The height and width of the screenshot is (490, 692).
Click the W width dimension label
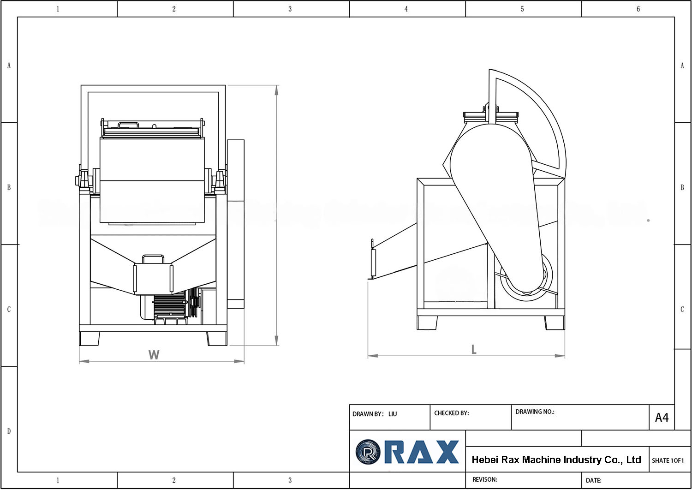click(x=154, y=355)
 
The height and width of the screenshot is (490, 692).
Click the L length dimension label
click(x=474, y=350)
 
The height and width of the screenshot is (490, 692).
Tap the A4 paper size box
click(x=662, y=418)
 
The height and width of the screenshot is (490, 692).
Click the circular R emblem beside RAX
click(x=368, y=452)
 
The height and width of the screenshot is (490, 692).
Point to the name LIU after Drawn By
click(x=393, y=414)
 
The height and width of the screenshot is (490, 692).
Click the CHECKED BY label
click(x=451, y=413)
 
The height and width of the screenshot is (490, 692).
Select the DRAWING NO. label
click(x=534, y=412)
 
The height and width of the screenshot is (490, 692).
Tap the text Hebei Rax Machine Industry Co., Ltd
click(x=556, y=460)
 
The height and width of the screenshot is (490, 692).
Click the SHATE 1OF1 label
click(x=668, y=460)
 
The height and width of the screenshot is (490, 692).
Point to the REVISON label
click(x=484, y=479)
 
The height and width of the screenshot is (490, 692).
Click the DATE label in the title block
click(x=593, y=480)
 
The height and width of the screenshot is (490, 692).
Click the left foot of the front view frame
click(x=89, y=339)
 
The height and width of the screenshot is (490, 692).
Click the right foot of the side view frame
click(x=554, y=323)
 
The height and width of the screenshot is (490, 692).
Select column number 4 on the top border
click(x=406, y=9)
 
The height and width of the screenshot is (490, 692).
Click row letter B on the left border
click(x=9, y=187)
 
